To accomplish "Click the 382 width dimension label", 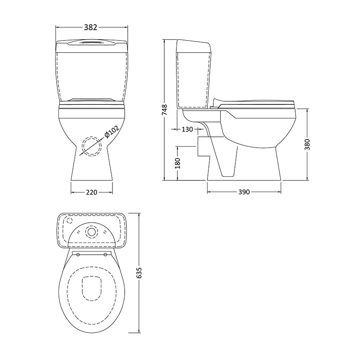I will [x=91, y=27].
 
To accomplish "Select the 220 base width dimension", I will [x=91, y=192].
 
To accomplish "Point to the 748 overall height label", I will [x=165, y=111].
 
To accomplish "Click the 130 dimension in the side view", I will [x=187, y=130].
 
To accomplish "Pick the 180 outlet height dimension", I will [x=177, y=163].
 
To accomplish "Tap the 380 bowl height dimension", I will [x=307, y=144].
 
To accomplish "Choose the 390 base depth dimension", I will [x=243, y=192].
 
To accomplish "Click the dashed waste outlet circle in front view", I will [x=92, y=146].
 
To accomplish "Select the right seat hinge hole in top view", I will [x=106, y=255].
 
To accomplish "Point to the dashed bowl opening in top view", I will [x=92, y=287].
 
